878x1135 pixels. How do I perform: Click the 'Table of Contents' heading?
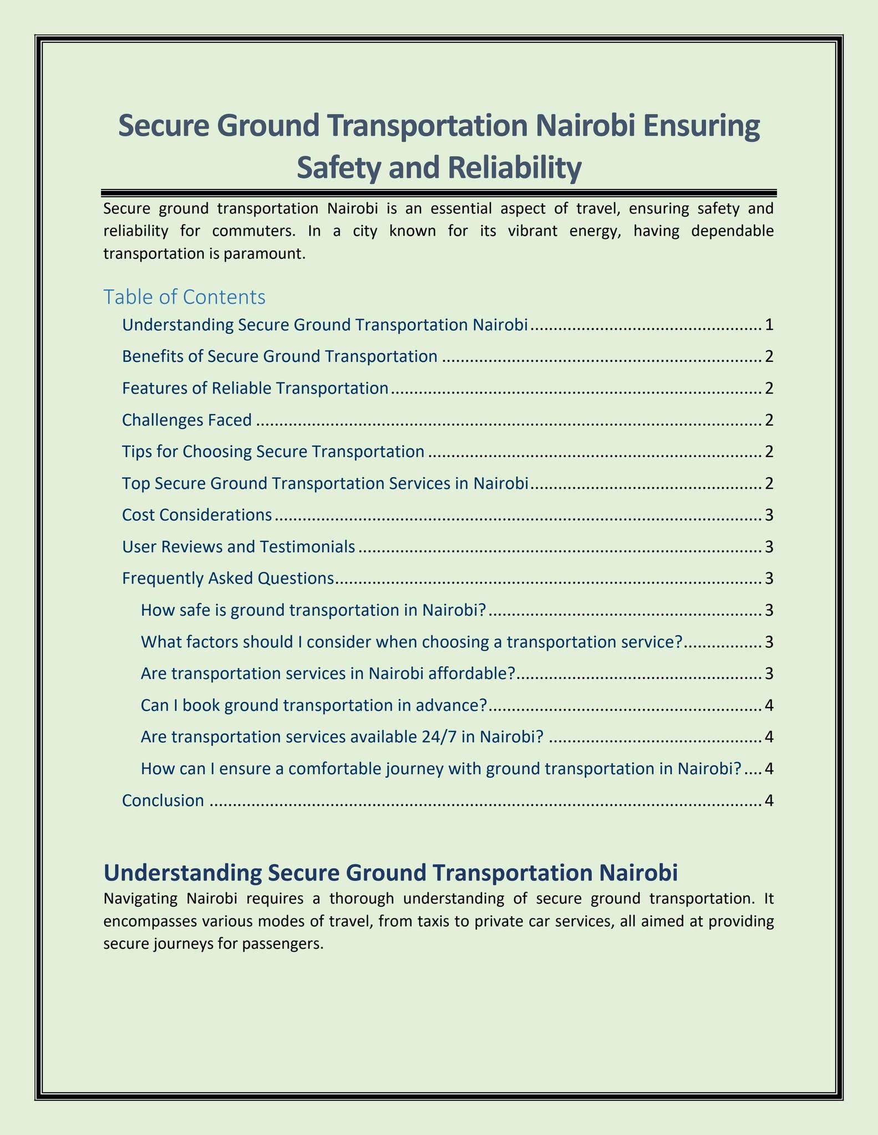coord(184,298)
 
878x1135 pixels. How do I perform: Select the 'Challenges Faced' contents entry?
coord(186,421)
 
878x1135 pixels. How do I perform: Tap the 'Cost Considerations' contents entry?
coord(197,515)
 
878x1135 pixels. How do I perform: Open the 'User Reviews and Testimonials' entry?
coord(238,547)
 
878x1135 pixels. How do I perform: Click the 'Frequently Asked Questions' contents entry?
coord(227,579)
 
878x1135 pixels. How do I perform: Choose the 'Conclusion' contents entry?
coord(163,801)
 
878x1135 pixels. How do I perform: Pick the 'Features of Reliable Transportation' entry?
coord(255,388)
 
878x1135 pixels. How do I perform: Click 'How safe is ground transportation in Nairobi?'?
coord(313,611)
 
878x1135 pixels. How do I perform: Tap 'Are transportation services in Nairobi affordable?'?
coord(328,674)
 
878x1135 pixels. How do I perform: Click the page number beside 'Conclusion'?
coord(768,801)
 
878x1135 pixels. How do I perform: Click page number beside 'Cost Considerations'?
coord(768,515)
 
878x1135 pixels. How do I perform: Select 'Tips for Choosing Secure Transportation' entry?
coord(273,452)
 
